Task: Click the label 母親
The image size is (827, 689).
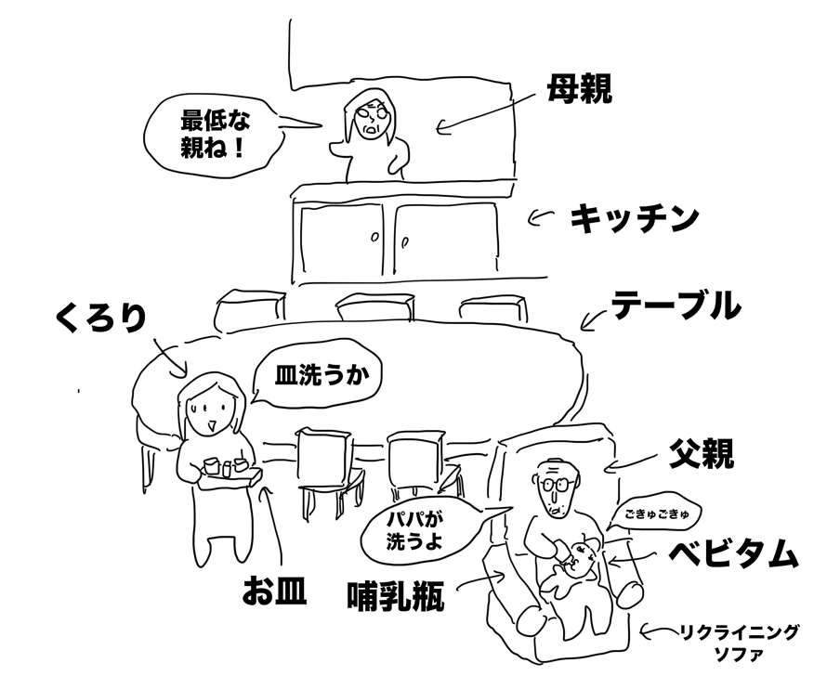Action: tap(579, 91)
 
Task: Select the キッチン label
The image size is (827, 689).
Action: tap(634, 219)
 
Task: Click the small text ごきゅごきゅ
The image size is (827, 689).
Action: tap(654, 512)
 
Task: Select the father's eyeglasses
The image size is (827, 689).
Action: tap(556, 484)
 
